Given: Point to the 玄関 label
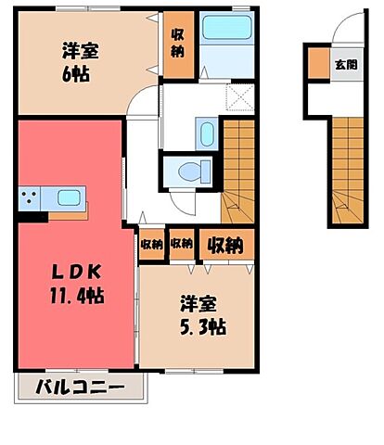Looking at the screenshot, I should point(345,65).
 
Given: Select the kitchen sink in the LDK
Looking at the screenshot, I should point(68,197).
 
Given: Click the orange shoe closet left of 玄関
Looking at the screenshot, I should point(319,65).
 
